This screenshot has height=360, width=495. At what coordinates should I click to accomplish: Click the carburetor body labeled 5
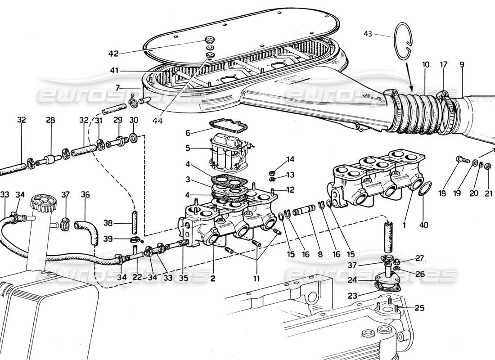tap(228, 150)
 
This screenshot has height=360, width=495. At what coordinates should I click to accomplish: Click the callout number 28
tap(50, 120)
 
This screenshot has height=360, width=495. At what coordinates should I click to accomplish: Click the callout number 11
tap(256, 279)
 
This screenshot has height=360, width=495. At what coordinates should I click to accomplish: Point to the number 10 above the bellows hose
tap(426, 65)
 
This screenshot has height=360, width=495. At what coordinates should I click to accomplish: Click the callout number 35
tap(184, 278)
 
